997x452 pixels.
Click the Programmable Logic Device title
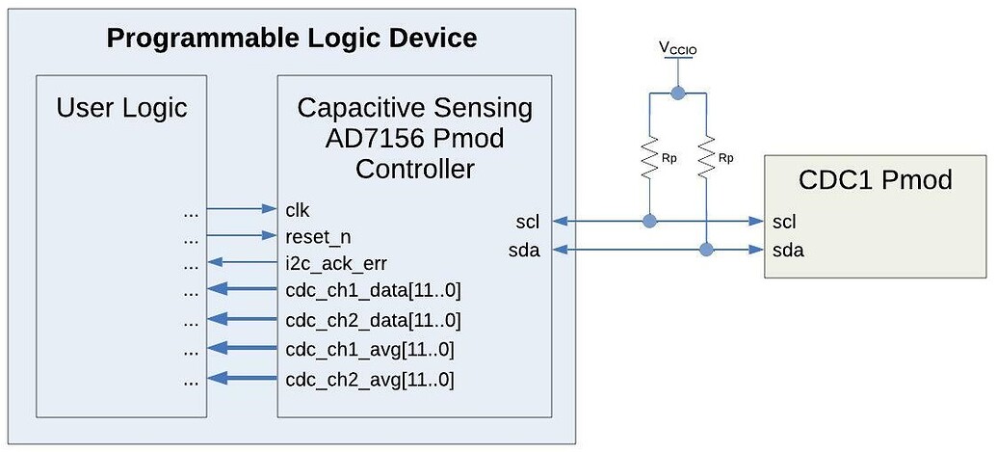click(291, 39)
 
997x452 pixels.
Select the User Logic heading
click(121, 107)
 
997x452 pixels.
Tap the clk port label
click(298, 208)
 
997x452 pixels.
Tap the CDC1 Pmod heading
click(875, 179)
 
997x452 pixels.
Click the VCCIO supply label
click(679, 48)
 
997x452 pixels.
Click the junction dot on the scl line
click(650, 222)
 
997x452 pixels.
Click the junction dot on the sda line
click(707, 251)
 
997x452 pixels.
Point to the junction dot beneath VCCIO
click(678, 93)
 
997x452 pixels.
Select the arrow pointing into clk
click(242, 208)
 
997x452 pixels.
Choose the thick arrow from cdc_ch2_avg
click(242, 378)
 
